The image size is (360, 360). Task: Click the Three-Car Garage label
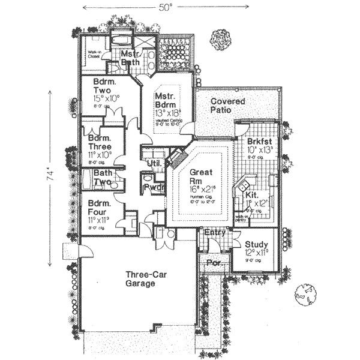[142, 280]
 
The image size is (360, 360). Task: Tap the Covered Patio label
[227, 106]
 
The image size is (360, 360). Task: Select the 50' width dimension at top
[165, 7]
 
